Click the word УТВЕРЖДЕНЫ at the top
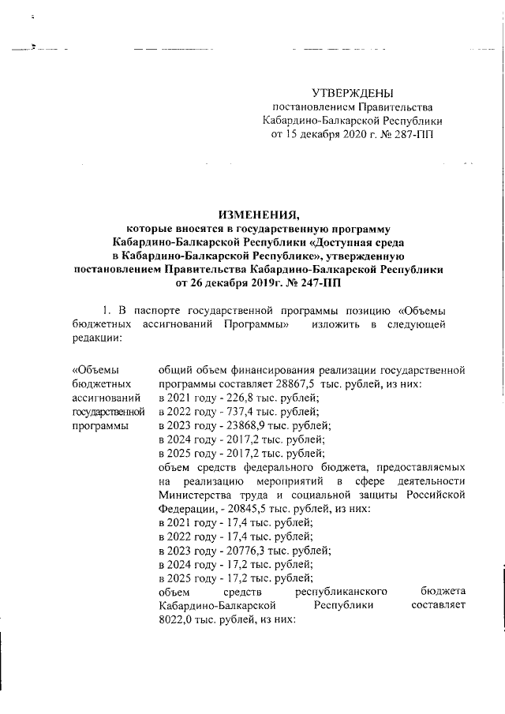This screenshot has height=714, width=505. click(352, 94)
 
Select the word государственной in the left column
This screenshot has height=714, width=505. click(108, 411)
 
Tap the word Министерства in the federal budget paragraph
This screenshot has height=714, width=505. click(196, 495)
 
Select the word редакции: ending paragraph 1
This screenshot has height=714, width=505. click(96, 337)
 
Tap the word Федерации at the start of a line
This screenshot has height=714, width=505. click(185, 510)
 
